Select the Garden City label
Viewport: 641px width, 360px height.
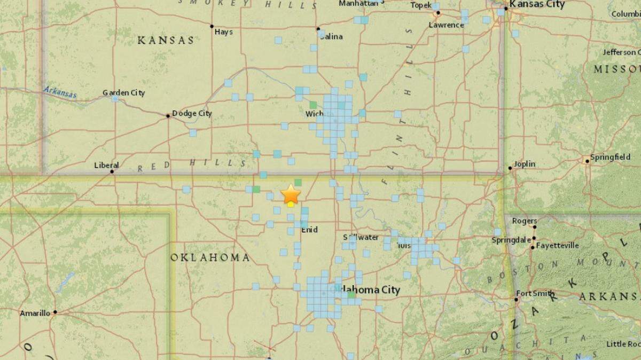pyautogui.click(x=123, y=93)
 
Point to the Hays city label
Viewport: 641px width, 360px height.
pyautogui.click(x=223, y=32)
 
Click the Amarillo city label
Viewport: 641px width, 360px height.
pyautogui.click(x=35, y=313)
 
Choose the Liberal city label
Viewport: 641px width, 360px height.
pyautogui.click(x=106, y=165)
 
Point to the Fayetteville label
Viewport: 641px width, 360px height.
pyautogui.click(x=558, y=246)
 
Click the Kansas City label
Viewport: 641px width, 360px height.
pyautogui.click(x=537, y=4)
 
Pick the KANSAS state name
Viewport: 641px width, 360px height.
pyautogui.click(x=166, y=41)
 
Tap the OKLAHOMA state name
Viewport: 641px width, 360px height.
pyautogui.click(x=210, y=257)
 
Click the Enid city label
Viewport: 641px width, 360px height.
pyautogui.click(x=309, y=230)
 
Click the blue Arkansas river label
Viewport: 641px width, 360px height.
pyautogui.click(x=60, y=92)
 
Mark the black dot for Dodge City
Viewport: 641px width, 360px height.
pyautogui.click(x=168, y=115)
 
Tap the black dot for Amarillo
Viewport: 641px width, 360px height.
pyautogui.click(x=55, y=312)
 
